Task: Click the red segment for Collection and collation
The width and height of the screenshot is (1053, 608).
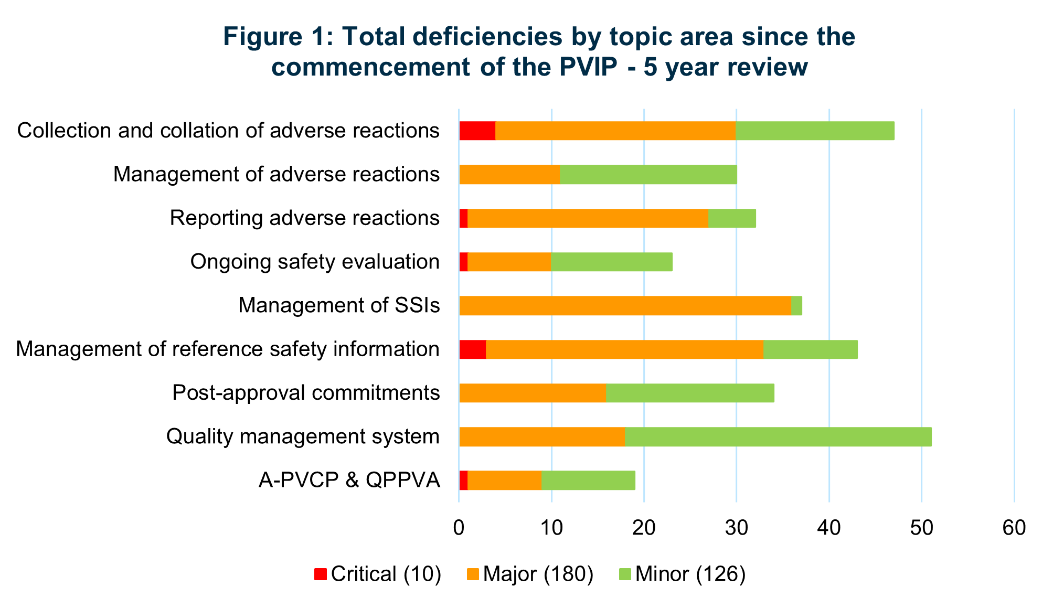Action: (477, 131)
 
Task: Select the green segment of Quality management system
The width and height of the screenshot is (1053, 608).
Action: (778, 437)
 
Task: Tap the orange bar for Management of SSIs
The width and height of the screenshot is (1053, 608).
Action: (624, 306)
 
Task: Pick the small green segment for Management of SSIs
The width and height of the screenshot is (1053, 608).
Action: (796, 306)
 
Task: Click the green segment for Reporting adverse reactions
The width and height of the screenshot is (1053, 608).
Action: (732, 218)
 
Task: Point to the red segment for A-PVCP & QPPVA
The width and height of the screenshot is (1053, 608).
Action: (463, 481)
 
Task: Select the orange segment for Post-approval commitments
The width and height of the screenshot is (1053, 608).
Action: (533, 393)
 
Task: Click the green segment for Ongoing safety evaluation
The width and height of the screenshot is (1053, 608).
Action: (611, 262)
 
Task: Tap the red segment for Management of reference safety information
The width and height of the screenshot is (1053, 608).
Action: (472, 349)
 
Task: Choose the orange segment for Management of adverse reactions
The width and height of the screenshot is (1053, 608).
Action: (509, 175)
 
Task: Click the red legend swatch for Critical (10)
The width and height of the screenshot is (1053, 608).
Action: (321, 574)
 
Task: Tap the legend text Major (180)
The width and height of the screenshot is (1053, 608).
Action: (538, 574)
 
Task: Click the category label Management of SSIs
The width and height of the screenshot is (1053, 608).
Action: (339, 306)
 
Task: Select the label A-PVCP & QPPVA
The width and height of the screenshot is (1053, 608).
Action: (349, 481)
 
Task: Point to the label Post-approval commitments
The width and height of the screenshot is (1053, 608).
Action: (306, 393)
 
